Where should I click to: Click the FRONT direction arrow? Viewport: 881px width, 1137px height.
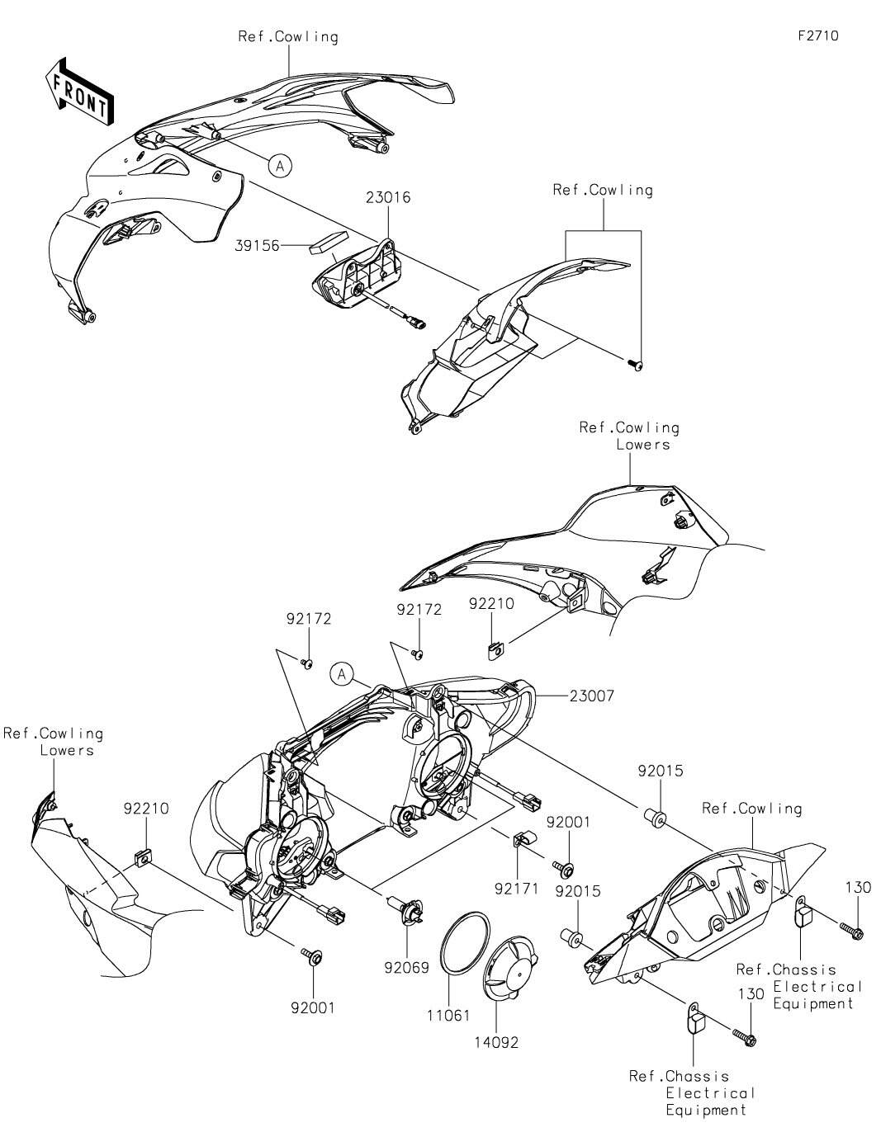point(79,91)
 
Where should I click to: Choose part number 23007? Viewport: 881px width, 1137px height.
point(591,696)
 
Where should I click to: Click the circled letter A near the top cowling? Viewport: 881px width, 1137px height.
point(280,166)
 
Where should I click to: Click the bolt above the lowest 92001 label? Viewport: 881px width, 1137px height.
point(315,955)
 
